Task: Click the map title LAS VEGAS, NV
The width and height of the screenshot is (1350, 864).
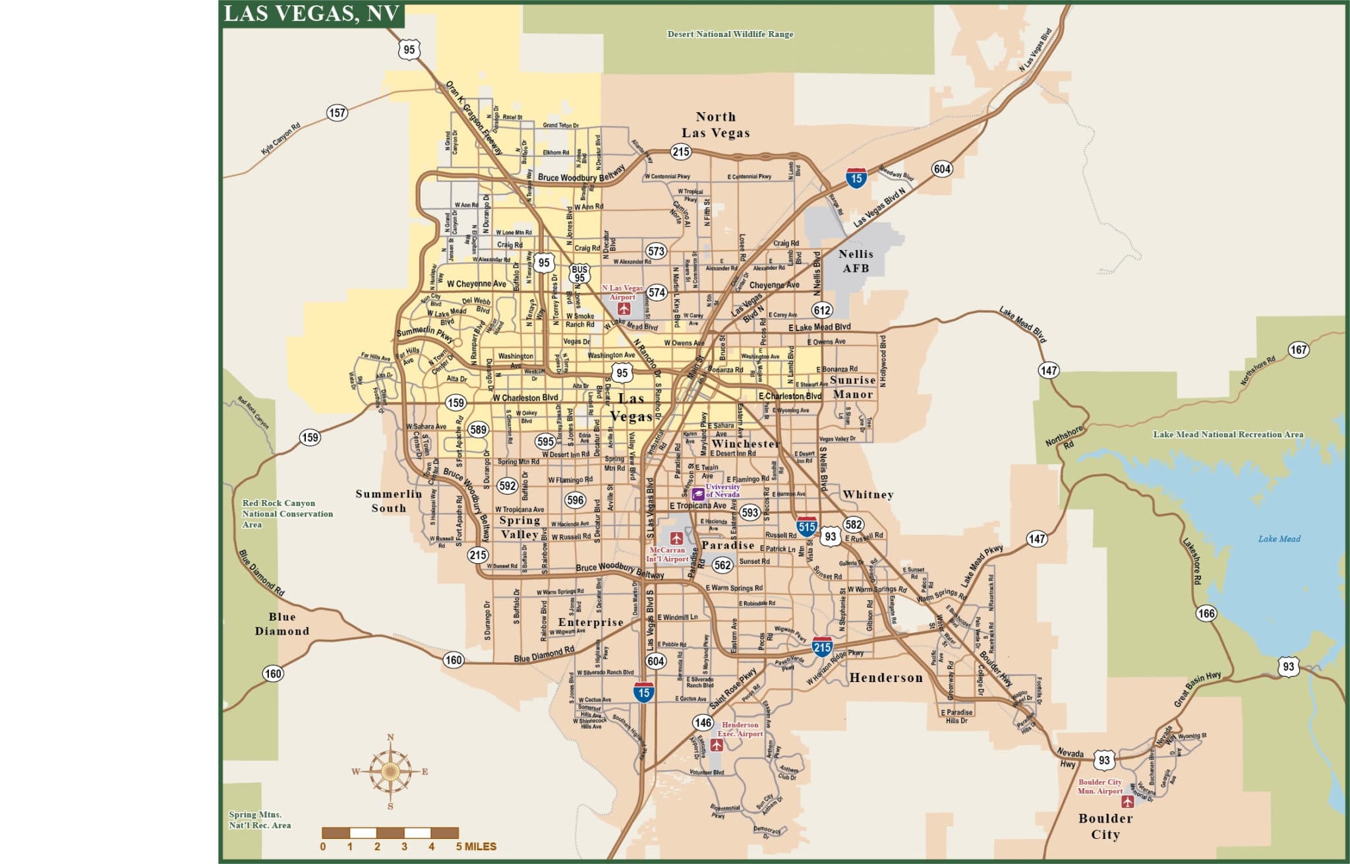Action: pos(312,14)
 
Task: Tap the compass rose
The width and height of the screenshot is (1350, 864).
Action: pos(390,771)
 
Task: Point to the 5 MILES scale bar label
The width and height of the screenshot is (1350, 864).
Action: pos(476,847)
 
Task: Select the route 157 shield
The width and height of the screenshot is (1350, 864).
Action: pos(337,113)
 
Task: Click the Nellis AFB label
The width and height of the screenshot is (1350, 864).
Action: pos(856,261)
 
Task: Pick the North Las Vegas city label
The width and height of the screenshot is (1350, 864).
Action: pos(715,125)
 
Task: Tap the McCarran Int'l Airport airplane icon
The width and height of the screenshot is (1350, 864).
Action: pos(676,538)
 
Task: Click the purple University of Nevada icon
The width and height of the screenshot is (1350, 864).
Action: pos(698,492)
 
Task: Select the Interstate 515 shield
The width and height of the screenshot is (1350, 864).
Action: pos(807,526)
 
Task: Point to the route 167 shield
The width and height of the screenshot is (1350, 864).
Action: pos(1298,350)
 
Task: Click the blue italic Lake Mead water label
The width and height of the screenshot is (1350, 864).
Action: pos(1279,539)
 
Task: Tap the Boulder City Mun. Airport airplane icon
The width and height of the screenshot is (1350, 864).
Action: pos(1128,802)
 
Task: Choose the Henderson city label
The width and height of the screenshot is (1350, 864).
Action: pos(886,677)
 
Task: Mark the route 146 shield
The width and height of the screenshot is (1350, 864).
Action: pos(703,723)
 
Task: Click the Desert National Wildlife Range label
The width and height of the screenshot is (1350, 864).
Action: pos(730,34)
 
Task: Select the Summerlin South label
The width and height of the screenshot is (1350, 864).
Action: pos(389,501)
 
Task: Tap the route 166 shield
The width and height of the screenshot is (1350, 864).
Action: pos(1206,613)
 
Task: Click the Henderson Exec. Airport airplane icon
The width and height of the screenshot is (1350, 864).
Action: pos(717,745)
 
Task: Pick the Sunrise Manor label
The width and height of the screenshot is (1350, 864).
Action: pos(852,387)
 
